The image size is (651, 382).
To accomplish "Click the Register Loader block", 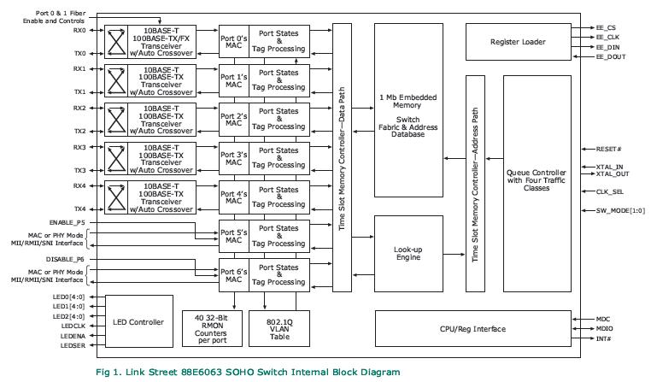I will point(519,41).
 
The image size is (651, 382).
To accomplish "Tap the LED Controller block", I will point(138,322).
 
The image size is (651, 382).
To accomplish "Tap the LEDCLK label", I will point(74,326).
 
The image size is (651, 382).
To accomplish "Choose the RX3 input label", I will point(79,147).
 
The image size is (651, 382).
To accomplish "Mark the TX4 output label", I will point(79,209).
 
